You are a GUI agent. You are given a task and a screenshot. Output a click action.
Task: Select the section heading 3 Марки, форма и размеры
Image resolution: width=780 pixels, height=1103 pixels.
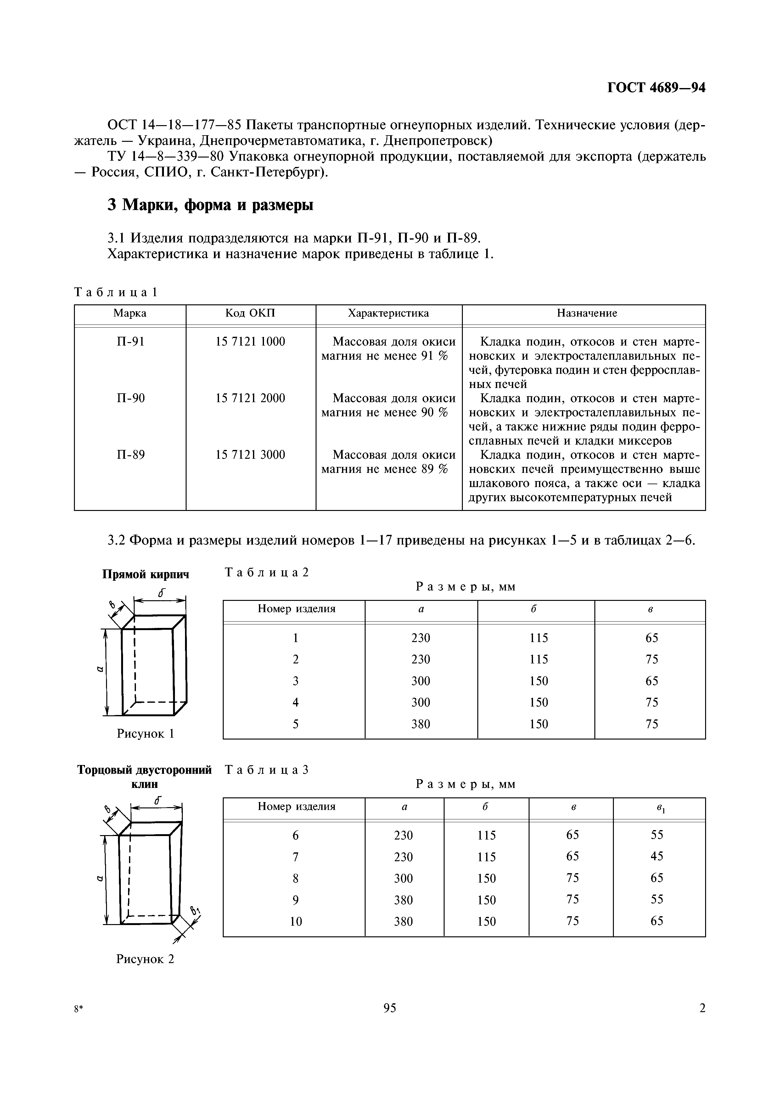pyautogui.click(x=210, y=205)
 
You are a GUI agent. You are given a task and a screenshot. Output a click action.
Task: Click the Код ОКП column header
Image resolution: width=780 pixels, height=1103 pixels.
pyautogui.click(x=250, y=313)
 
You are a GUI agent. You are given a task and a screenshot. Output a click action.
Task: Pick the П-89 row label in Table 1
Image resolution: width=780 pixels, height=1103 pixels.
pyautogui.click(x=130, y=454)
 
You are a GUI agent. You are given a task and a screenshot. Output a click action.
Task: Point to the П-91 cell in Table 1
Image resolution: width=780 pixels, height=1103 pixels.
pyautogui.click(x=130, y=341)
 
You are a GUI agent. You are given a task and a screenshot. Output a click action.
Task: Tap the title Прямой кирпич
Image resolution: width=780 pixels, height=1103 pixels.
pyautogui.click(x=146, y=574)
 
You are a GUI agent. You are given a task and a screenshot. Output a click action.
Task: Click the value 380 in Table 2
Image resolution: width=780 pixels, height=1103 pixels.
pyautogui.click(x=420, y=724)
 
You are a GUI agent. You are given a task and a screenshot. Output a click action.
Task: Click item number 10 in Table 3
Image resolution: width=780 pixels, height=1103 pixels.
pyautogui.click(x=295, y=921)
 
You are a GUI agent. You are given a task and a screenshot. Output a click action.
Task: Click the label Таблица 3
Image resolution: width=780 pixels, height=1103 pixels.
pyautogui.click(x=266, y=770)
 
